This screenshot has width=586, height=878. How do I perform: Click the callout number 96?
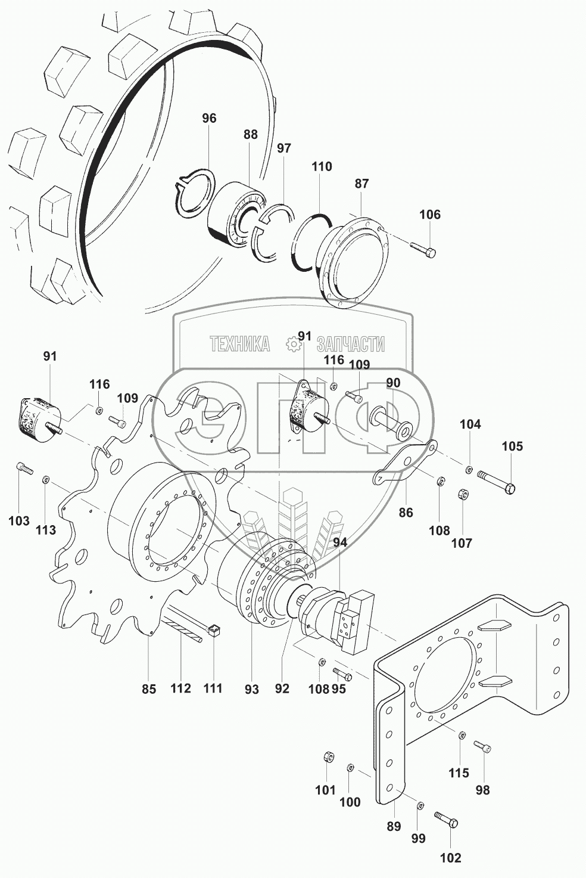209,118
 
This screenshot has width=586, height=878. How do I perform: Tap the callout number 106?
430,215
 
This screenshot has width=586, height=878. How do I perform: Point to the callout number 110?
322,167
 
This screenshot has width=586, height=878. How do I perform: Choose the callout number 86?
406,513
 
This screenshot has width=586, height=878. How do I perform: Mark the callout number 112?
180,688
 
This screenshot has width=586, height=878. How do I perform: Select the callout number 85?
149,689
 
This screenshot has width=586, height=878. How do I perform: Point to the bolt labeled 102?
446,820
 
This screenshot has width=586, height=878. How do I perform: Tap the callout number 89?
394,826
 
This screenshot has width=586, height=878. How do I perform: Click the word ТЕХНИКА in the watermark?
239,344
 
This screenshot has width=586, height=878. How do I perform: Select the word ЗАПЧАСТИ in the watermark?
351,344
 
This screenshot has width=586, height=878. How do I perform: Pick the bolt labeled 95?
342,674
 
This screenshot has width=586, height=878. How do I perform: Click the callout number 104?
470,424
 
